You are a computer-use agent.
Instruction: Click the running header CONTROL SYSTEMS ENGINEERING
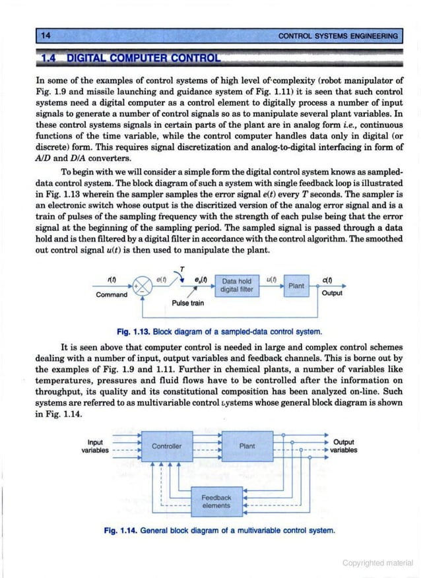coord(339,36)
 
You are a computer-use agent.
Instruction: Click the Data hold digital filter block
coord(238,285)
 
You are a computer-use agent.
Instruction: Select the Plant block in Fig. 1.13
coord(296,285)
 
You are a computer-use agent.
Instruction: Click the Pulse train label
coord(188,304)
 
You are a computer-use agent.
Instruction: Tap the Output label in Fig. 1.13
coord(331,294)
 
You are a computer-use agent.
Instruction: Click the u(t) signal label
coord(270,278)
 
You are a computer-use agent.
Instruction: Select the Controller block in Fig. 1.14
coord(166,446)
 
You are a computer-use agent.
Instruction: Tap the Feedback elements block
coord(216,501)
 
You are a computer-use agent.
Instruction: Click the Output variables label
coord(344,446)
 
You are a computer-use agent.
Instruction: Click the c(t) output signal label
coord(328,279)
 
